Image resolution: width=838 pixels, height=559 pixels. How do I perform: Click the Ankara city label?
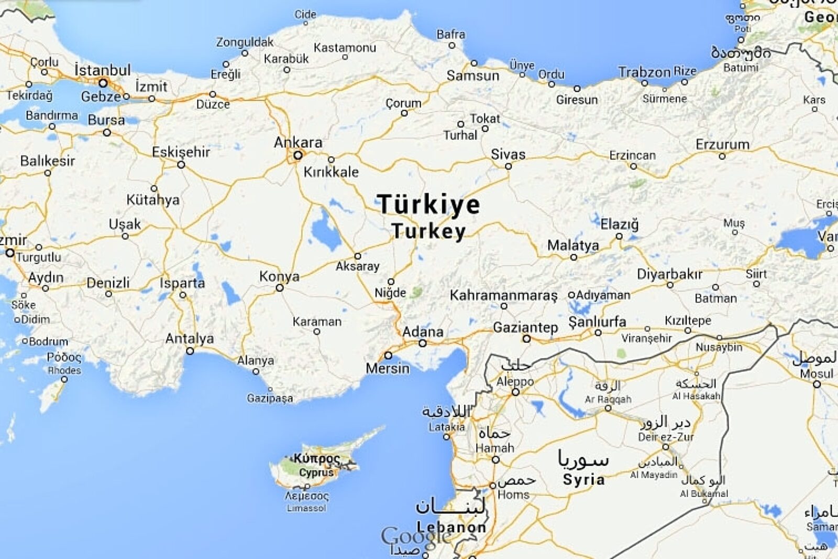coord(298,142)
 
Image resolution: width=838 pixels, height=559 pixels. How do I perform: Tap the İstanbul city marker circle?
coord(103,83)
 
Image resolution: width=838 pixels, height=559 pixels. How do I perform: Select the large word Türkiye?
coord(428,204)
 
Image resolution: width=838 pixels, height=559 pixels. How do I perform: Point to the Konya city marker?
coord(280,288)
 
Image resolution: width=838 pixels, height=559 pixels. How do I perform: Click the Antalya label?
coord(190,339)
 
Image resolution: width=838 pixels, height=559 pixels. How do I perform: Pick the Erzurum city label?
coord(722,144)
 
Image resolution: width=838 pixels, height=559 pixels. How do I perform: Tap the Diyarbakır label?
coord(669,274)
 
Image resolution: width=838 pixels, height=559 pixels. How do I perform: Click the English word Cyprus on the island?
coord(316,472)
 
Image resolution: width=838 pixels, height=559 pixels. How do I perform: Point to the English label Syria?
coord(583,479)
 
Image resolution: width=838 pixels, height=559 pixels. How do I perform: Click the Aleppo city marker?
coord(515,392)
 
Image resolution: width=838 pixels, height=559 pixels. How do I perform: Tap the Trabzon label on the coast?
coord(644,72)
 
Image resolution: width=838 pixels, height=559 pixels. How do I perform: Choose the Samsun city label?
coord(473,76)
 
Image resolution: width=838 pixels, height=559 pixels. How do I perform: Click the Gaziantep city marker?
coord(527,339)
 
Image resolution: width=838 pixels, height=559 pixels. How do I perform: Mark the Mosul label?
coord(817,374)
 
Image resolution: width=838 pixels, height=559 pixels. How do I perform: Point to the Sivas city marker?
coord(508,166)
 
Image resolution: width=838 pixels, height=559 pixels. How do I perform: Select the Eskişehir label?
coord(181,152)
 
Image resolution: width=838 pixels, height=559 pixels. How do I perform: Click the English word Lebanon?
coord(451,527)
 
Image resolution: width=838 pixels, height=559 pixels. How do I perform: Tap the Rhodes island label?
coord(64,370)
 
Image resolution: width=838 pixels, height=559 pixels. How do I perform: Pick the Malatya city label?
coord(573,245)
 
